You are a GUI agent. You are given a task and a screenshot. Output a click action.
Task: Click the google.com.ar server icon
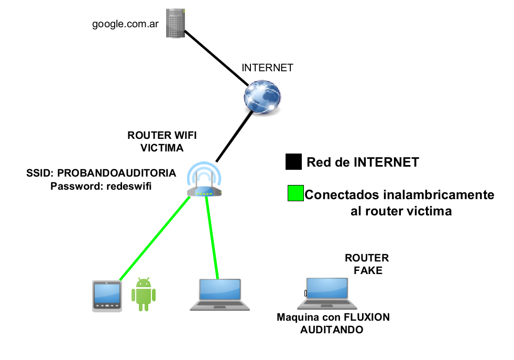[x=175, y=23]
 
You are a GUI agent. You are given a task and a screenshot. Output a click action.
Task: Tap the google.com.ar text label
[x=126, y=24]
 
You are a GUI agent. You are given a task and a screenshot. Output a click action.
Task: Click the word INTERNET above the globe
[x=267, y=68]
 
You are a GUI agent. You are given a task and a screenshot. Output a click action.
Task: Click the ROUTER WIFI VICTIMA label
[x=162, y=141]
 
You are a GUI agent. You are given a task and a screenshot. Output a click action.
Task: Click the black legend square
[x=293, y=162]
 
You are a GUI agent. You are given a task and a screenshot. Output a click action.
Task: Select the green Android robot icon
[x=144, y=294]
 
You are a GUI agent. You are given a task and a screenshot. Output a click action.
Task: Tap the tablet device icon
[x=107, y=296]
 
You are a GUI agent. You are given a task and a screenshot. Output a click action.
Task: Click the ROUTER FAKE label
[x=367, y=265]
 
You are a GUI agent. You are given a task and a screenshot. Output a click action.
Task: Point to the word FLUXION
[x=366, y=318]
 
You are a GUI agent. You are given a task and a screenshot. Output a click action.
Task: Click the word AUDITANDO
[x=332, y=330]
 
